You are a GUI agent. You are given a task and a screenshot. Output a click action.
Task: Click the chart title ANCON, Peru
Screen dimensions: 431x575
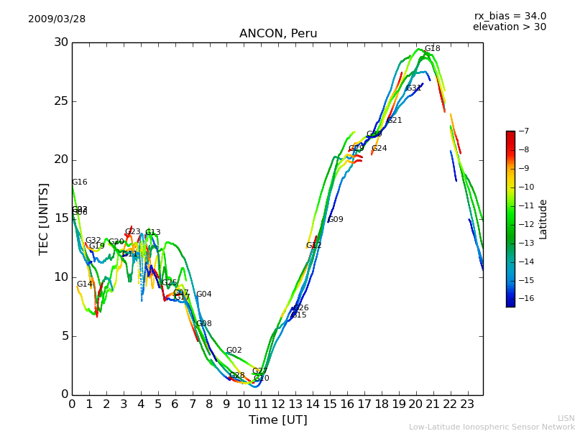pos(277,34)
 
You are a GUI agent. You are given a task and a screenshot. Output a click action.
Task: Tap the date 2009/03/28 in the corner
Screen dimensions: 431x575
pos(57,19)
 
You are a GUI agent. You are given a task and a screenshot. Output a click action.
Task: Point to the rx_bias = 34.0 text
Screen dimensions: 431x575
pos(510,16)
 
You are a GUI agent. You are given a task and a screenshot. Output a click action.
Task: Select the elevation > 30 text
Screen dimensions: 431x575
pos(509,27)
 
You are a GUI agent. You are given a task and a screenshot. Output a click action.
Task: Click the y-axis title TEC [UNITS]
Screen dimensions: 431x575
pos(44,218)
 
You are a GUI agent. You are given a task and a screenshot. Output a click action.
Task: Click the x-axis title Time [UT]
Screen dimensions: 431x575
pos(277,420)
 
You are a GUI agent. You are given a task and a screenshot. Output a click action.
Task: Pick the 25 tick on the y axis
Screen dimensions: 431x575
pos(61,101)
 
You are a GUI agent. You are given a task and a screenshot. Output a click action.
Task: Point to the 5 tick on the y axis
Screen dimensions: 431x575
pos(65,335)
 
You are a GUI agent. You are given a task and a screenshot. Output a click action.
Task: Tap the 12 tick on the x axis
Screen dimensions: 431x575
pos(278,404)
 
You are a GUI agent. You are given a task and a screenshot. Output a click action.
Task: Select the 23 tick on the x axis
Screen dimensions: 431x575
pos(467,404)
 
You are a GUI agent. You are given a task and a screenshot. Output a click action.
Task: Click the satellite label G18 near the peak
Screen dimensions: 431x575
pos(432,49)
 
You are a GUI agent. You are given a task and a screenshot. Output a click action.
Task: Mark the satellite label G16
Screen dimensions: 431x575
pos(79,182)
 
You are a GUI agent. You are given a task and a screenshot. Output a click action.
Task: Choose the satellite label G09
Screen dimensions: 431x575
pos(336,220)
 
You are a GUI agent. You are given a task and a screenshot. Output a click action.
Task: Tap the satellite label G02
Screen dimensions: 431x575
pos(234,351)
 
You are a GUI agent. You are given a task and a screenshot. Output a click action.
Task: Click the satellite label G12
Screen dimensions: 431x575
pos(313,246)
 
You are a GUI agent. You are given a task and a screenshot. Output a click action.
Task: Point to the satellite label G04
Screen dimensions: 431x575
pos(203,295)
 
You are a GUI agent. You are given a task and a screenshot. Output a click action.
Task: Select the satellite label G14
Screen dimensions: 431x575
pos(84,284)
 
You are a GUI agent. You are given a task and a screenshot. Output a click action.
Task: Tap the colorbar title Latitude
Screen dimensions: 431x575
pos(543,218)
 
